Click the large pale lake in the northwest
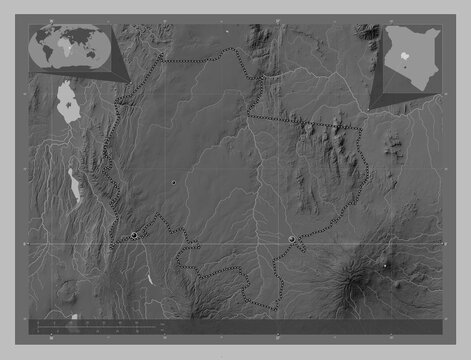click(x=68, y=104)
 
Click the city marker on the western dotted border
click(x=134, y=235)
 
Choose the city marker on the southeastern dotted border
click(x=291, y=239)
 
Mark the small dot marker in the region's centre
click(x=174, y=183)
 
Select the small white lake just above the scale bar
click(x=72, y=317)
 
